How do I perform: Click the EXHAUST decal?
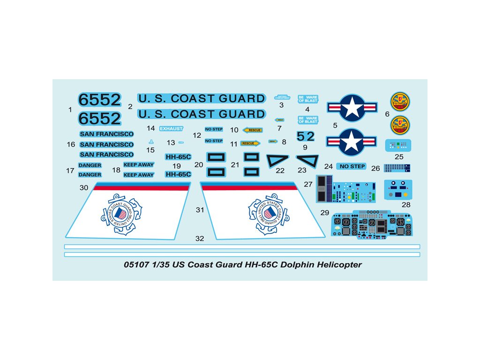(171, 128)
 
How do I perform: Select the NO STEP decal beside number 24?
(351, 166)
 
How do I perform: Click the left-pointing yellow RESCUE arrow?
(253, 130)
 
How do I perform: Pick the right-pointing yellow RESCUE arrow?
(250, 143)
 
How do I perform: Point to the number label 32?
(200, 239)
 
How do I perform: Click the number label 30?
(84, 187)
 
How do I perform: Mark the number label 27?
(308, 185)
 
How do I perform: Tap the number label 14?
(150, 128)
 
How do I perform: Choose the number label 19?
(176, 166)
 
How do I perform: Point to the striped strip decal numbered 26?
(397, 167)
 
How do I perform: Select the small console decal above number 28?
(398, 188)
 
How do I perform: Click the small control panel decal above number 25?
(398, 145)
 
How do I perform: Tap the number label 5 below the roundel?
(335, 125)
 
